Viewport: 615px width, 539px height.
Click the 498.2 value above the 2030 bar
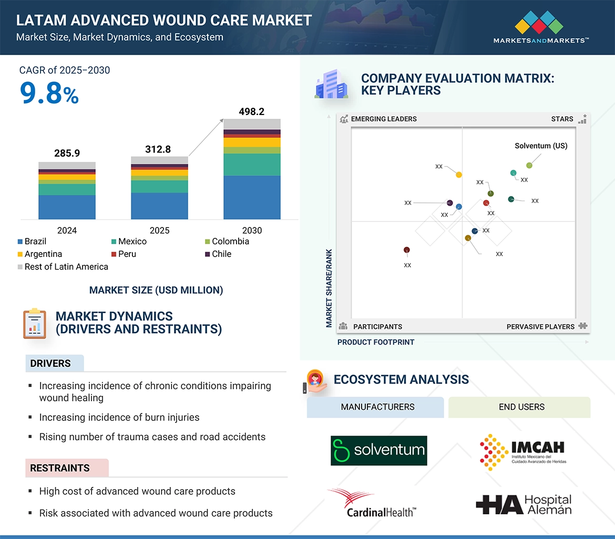(251, 111)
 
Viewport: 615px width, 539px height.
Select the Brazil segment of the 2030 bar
(252, 198)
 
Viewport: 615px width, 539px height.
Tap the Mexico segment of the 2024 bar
(67, 189)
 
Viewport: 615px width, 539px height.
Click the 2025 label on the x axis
(159, 231)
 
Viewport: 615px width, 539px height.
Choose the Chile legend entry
(221, 254)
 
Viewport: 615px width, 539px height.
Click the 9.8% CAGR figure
(49, 94)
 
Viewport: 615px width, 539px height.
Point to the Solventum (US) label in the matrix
(541, 146)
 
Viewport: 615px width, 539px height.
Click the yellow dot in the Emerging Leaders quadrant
(459, 174)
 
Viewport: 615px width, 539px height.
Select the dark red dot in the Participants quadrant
(406, 250)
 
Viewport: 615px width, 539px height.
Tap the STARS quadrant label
(562, 119)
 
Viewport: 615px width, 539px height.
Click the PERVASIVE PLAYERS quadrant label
(540, 327)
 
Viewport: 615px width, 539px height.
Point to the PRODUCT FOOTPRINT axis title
(376, 343)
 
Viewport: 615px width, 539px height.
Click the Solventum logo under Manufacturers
(378, 450)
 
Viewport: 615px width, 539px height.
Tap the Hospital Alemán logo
(524, 504)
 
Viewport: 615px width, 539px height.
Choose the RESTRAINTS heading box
(67, 468)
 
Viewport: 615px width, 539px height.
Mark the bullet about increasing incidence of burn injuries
(119, 418)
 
